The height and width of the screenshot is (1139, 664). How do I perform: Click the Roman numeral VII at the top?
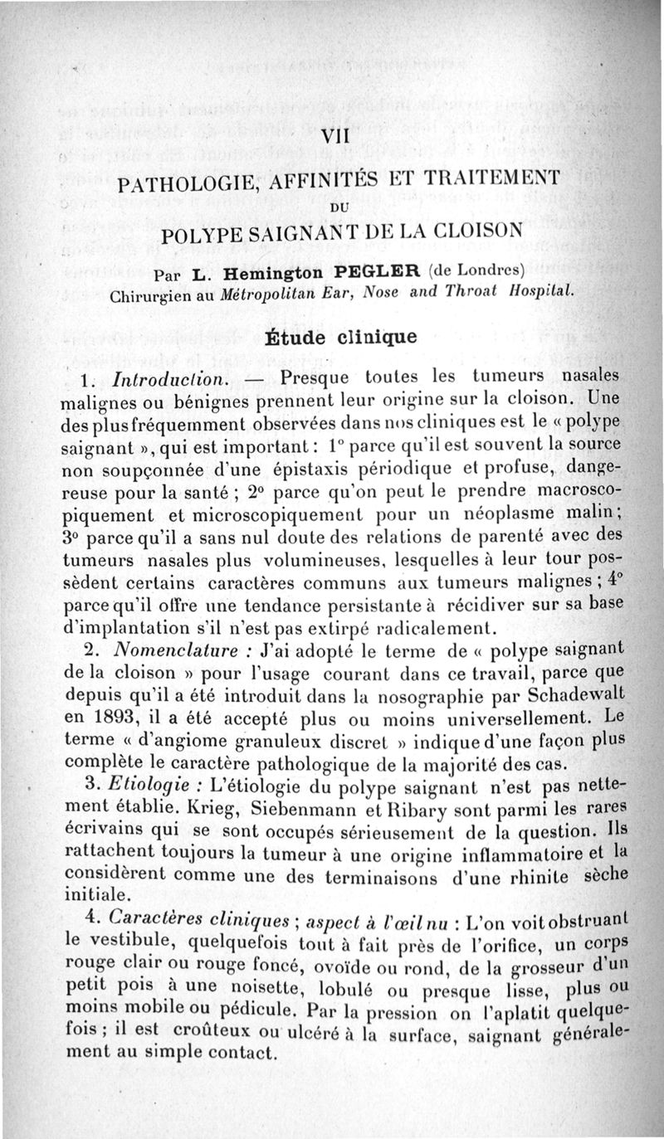pyautogui.click(x=334, y=137)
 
